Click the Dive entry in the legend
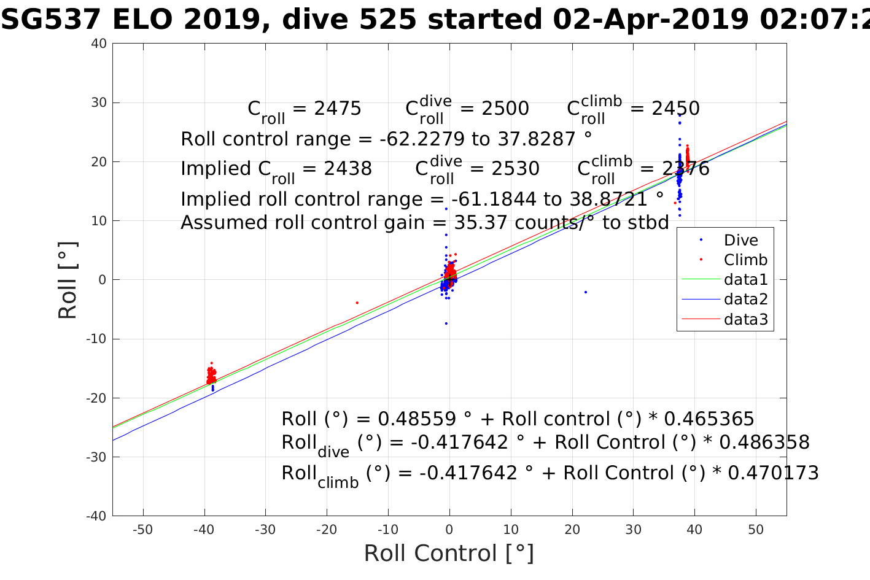tap(740, 241)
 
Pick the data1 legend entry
tap(745, 280)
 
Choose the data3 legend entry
tap(745, 319)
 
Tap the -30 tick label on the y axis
tap(96, 457)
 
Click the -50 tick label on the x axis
tap(142, 530)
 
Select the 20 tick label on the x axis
tap(572, 530)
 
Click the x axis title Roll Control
tap(449, 554)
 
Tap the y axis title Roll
tap(68, 280)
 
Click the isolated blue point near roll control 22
tap(586, 292)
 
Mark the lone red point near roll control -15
tap(357, 303)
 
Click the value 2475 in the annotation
tap(338, 109)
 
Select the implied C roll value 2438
tap(348, 169)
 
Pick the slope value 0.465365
tap(709, 419)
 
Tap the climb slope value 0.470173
tap(773, 473)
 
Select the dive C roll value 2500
tap(505, 109)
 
